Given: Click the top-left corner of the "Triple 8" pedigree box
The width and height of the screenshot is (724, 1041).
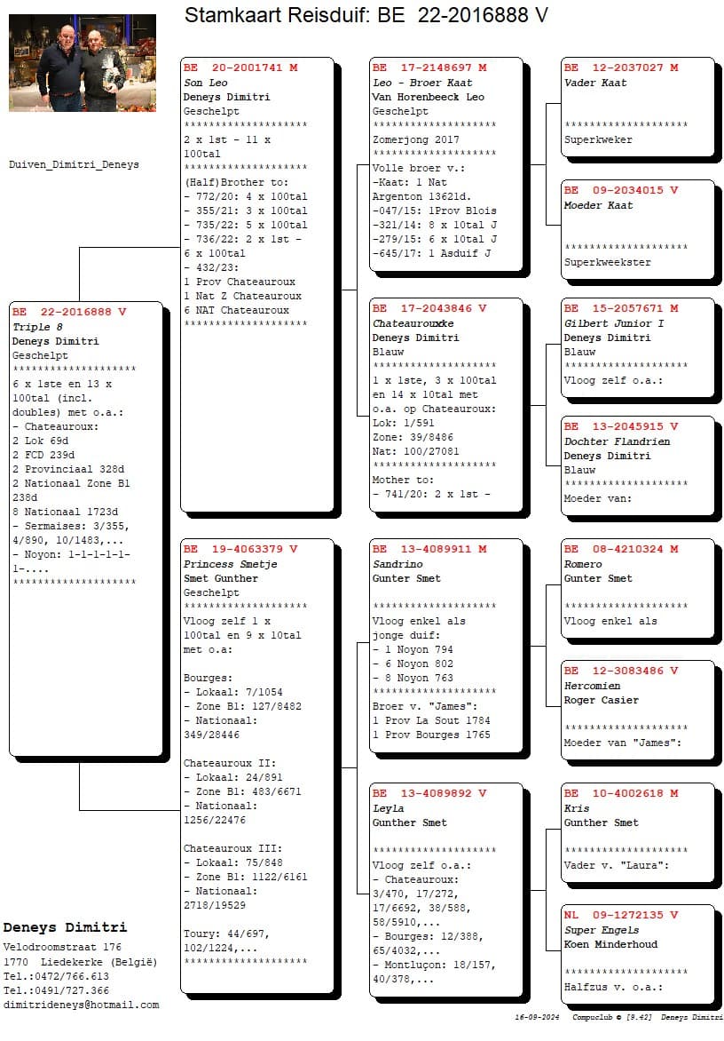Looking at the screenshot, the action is click(x=9, y=302).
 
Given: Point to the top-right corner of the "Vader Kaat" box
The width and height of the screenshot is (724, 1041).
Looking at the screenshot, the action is click(x=714, y=58).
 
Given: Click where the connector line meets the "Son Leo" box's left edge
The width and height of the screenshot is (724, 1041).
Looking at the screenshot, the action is click(x=180, y=248).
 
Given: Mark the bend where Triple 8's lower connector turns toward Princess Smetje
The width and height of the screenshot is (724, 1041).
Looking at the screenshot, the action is click(x=80, y=810).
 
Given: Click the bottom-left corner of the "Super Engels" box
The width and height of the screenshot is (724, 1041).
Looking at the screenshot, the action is click(x=561, y=1004).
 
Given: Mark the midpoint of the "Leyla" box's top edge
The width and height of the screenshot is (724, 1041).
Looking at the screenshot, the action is click(x=445, y=783).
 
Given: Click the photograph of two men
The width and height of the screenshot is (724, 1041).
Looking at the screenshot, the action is click(x=83, y=62).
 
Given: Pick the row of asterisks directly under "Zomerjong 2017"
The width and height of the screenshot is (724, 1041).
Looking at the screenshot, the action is click(x=434, y=154).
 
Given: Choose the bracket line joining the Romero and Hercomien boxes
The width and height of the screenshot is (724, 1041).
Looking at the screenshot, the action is click(x=547, y=646).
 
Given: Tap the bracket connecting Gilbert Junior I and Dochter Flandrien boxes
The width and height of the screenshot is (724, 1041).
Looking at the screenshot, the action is click(x=547, y=404).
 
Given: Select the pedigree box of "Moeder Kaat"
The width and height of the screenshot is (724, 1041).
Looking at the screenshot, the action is click(x=637, y=230).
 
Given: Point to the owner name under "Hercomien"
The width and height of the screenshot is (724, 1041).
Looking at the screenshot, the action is click(x=602, y=700).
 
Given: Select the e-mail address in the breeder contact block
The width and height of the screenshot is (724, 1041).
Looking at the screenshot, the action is click(x=81, y=1005).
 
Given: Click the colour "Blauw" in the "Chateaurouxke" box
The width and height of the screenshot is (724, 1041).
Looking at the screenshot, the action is click(x=388, y=352).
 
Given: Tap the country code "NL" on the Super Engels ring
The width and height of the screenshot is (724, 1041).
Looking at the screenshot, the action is click(x=571, y=915).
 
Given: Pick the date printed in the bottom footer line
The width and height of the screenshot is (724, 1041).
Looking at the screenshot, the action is click(x=537, y=1017).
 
